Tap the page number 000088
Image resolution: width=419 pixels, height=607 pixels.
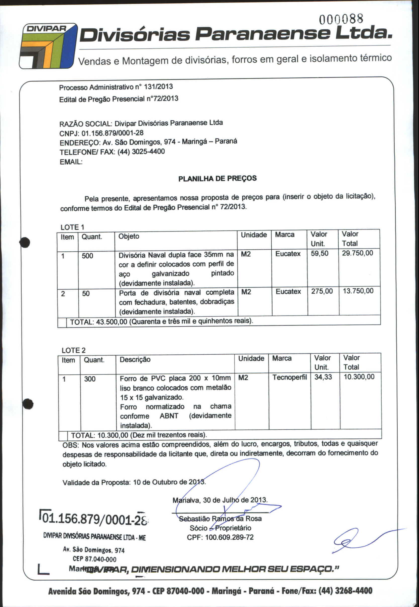[x=341, y=19]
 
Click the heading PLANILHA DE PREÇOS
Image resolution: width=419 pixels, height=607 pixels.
[x=217, y=179]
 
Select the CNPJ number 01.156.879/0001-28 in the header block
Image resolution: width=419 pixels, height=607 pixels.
[x=112, y=133]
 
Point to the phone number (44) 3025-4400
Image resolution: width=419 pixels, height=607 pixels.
[x=141, y=152]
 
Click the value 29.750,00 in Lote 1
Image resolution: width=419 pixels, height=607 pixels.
[x=357, y=253]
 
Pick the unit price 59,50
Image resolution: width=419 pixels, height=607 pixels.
[x=320, y=253]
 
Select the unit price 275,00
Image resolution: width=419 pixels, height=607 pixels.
[x=322, y=291]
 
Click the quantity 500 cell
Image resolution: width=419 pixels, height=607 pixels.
[x=87, y=256]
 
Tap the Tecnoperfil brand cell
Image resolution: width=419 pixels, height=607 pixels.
[x=289, y=378]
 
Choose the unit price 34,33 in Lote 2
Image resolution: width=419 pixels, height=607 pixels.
[x=323, y=377]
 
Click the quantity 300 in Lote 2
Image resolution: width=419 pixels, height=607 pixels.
[x=89, y=379]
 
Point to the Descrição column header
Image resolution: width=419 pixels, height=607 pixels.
[x=135, y=360]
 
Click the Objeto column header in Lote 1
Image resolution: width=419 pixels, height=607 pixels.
[x=129, y=237]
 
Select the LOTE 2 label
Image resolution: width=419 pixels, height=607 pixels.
[x=74, y=350]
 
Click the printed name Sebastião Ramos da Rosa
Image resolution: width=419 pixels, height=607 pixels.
[x=220, y=519]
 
